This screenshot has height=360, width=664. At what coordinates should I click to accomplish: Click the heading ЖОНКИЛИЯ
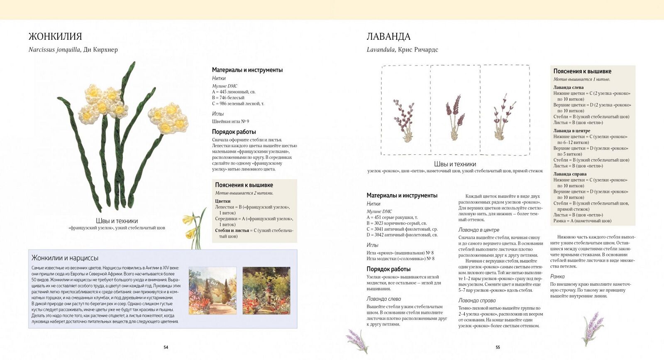55,36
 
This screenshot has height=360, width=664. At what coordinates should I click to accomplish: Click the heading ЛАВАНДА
388,36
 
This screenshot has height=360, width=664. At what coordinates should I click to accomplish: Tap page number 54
166,347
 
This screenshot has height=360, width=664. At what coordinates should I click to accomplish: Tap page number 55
498,347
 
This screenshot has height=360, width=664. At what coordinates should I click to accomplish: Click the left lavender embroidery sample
403,120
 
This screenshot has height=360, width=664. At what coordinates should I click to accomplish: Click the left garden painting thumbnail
212,290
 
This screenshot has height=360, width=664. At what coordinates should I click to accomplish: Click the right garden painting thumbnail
266,290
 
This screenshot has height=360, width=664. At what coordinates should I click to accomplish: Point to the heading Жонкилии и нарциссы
65,258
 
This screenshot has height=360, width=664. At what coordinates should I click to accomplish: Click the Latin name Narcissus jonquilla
54,50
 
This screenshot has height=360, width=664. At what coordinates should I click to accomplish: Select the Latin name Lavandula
381,50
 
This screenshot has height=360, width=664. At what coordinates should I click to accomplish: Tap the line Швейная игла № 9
230,122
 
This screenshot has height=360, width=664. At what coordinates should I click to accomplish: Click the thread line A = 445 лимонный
234,92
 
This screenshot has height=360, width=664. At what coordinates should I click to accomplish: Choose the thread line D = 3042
402,235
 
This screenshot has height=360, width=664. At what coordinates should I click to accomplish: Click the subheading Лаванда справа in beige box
570,174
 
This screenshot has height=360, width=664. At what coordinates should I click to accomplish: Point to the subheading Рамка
557,277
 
